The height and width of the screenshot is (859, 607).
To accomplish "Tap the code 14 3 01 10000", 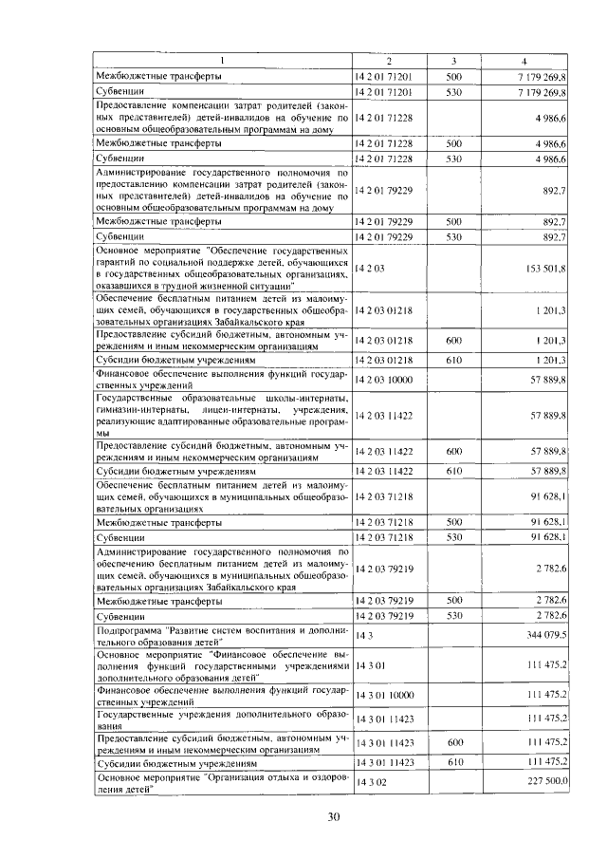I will click(x=384, y=696).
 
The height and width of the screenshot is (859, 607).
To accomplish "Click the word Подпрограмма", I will click(x=130, y=629).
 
